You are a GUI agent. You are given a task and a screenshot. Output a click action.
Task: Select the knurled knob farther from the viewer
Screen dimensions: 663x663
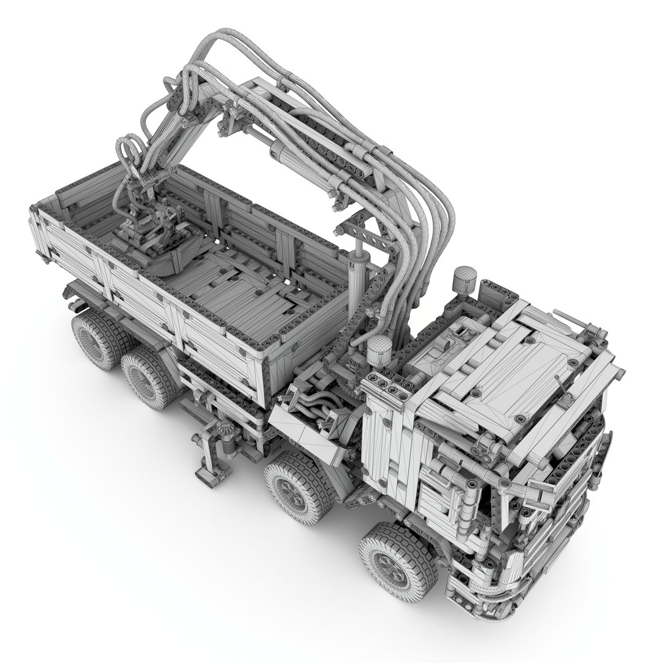tap(465, 279)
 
